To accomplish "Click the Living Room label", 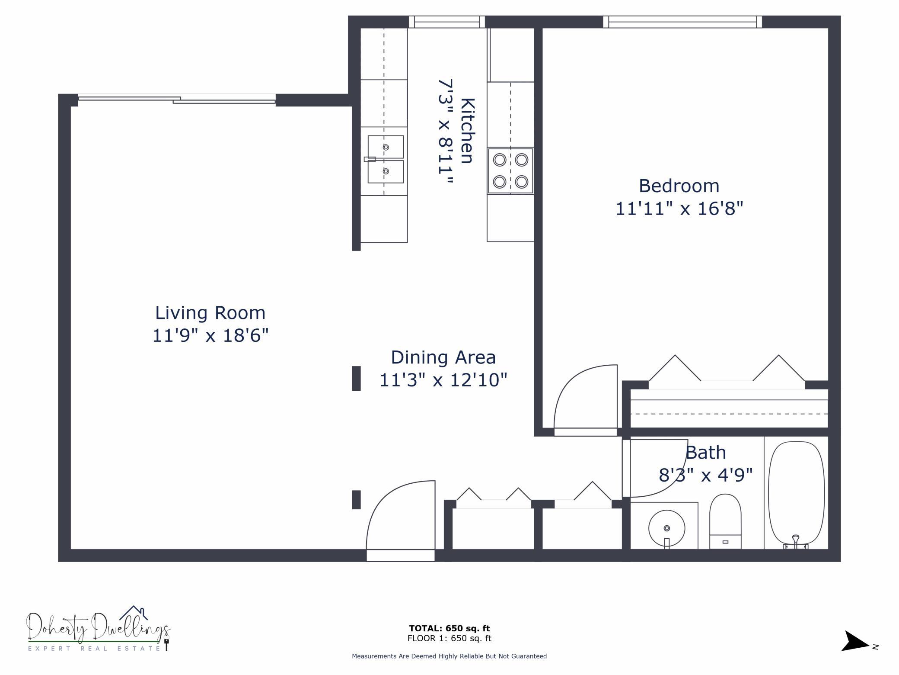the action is click(x=210, y=313).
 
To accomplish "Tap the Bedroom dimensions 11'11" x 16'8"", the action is click(x=679, y=209).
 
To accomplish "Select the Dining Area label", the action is click(x=443, y=357).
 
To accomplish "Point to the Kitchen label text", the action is click(x=467, y=131).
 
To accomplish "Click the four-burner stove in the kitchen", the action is click(x=510, y=171).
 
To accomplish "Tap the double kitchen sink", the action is click(x=385, y=159).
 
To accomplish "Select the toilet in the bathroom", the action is click(x=725, y=521).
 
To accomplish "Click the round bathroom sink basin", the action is click(x=666, y=528).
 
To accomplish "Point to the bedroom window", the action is click(x=682, y=22).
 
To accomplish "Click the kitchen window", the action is click(x=447, y=22).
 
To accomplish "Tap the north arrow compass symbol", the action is click(x=855, y=641).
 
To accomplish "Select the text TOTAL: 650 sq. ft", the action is click(x=449, y=628).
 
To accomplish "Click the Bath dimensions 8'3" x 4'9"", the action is click(x=706, y=475).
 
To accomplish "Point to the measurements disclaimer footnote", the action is click(x=449, y=656).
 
